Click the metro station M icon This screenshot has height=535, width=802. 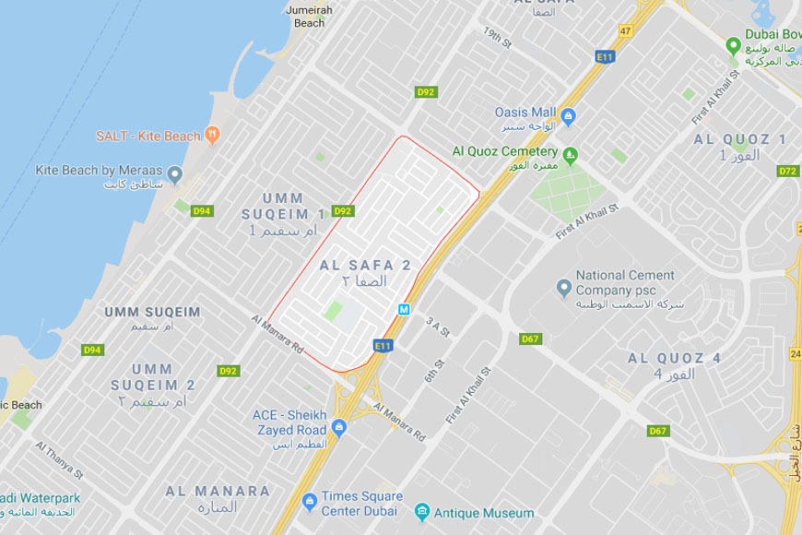pos(404,310)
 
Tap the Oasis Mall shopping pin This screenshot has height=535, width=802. pos(569,116)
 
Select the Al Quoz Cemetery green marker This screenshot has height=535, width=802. pos(571,152)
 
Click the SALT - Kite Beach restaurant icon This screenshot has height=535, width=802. pos(213,135)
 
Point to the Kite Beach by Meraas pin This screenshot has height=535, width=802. pos(175,173)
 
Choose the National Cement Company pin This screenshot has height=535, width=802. pos(564,289)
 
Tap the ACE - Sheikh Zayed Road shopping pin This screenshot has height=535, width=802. pos(338,426)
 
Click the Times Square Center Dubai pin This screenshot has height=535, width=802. pos(310,501)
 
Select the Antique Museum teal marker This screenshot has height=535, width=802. pos(421,511)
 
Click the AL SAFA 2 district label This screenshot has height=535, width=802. pos(365,265)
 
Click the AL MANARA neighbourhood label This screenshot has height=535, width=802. pos(218,492)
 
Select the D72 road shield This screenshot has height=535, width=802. pos(787,172)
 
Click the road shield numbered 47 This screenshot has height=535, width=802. pos(625,30)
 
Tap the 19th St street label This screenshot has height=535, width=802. pos(497,38)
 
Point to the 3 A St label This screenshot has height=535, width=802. pos(438,326)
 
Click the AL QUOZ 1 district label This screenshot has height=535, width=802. pos(740,139)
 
